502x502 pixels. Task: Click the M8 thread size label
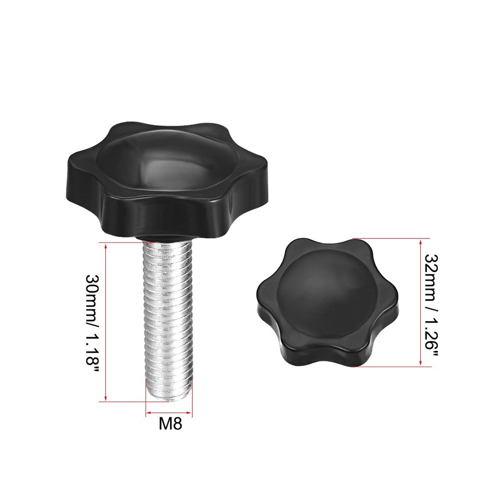click(x=170, y=424)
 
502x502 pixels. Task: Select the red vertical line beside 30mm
click(x=105, y=321)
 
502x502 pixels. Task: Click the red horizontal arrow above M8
click(x=168, y=413)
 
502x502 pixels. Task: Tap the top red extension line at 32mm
click(x=392, y=238)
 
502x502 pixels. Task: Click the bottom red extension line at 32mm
click(x=392, y=367)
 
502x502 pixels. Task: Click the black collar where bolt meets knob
click(x=166, y=237)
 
